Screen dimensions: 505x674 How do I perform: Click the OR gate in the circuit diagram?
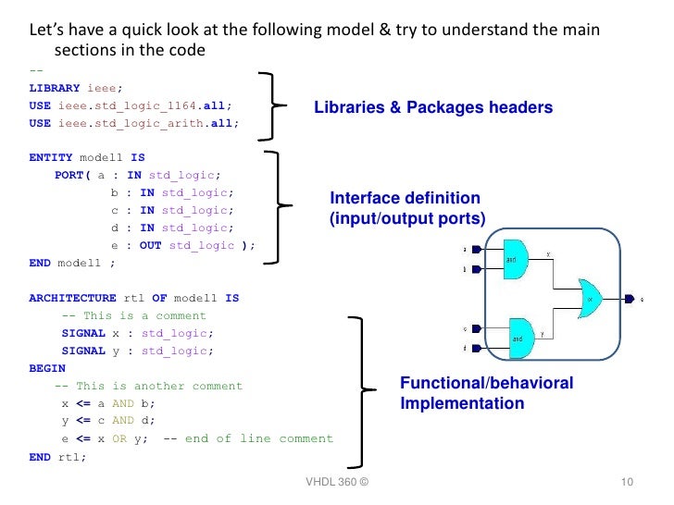(x=590, y=298)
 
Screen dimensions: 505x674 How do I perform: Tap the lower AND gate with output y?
(x=522, y=338)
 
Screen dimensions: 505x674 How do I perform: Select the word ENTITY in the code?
(x=51, y=158)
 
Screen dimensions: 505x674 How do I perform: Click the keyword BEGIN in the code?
(x=47, y=368)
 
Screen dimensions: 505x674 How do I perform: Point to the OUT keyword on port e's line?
(x=151, y=245)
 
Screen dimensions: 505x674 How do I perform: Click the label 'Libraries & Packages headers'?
(x=433, y=108)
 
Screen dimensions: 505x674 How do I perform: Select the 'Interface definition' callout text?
(x=406, y=198)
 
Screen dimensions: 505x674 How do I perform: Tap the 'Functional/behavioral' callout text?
(x=486, y=383)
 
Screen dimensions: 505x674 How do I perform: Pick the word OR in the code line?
(x=119, y=438)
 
